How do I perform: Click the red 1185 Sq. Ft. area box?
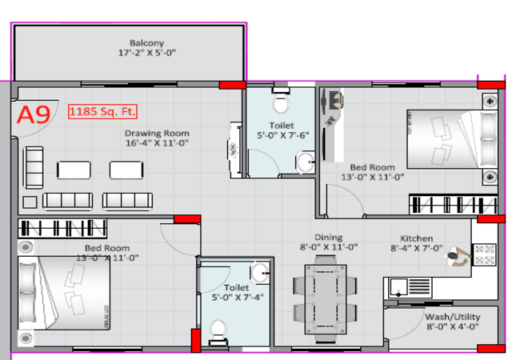click(102, 111)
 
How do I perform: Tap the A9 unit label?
click(34, 114)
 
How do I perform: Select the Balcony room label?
click(146, 42)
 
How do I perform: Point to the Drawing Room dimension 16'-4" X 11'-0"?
click(157, 142)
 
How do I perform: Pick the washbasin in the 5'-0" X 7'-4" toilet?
click(260, 273)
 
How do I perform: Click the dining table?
click(326, 299)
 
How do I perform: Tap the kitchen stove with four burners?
click(485, 254)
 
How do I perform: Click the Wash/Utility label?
click(453, 317)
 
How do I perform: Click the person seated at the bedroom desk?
click(336, 100)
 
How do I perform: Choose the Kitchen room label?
click(416, 238)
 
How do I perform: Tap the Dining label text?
click(329, 238)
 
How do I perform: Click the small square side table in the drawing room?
click(30, 202)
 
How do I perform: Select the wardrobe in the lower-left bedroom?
click(62, 228)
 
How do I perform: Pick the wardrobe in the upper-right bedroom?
click(454, 205)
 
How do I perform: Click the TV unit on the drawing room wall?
click(234, 150)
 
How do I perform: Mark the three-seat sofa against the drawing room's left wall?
click(34, 167)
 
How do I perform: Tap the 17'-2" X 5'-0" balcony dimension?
click(147, 53)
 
